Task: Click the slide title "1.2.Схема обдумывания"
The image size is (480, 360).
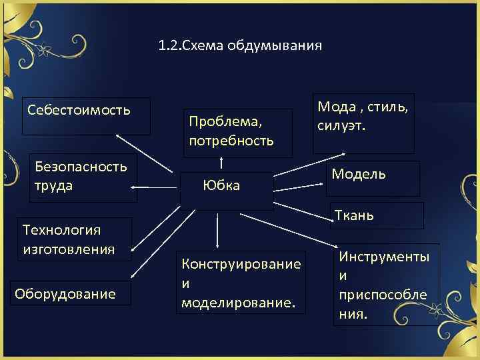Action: point(240,46)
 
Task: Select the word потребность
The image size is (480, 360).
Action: point(231,141)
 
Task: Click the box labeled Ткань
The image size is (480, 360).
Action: point(376,215)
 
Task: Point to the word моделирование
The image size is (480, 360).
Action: point(238,302)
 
